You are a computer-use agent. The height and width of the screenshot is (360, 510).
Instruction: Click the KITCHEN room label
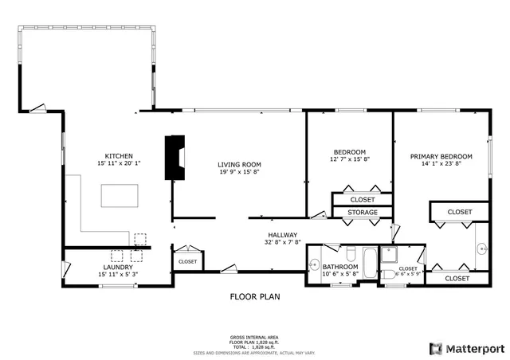(x=119, y=155)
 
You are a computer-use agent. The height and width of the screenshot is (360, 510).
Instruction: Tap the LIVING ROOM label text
(x=239, y=164)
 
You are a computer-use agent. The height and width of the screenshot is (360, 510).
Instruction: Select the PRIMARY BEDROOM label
(x=441, y=157)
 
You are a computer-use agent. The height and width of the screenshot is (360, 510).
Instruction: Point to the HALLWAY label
(x=281, y=235)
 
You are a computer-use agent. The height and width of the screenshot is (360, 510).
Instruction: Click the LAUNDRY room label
(x=117, y=267)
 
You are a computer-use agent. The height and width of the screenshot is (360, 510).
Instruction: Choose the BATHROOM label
(x=340, y=267)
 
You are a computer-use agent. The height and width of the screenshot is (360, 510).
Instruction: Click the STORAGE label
(x=362, y=213)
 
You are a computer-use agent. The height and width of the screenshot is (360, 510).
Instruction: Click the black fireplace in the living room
(x=174, y=157)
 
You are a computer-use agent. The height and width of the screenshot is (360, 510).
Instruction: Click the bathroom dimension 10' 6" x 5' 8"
(x=340, y=274)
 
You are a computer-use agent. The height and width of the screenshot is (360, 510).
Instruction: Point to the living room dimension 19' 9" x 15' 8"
(x=239, y=171)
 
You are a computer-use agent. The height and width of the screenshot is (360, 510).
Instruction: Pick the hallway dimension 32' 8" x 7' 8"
(x=281, y=242)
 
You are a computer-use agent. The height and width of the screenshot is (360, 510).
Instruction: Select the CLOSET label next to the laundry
(x=187, y=261)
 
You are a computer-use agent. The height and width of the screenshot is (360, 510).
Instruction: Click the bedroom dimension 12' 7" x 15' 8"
(x=350, y=159)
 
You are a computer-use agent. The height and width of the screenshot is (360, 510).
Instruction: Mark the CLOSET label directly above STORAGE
(x=362, y=199)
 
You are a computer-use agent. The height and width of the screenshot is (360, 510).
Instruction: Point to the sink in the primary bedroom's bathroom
(x=482, y=248)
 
